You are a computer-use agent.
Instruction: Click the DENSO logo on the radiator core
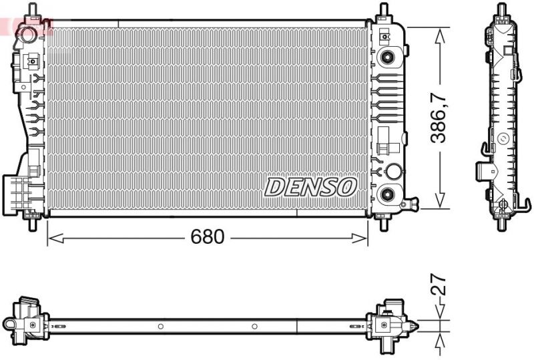coord(310,187)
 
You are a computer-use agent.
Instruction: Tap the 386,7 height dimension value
coord(438,118)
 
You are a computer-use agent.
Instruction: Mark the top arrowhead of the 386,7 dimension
coord(439,33)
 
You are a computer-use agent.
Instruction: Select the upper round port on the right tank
coord(386,57)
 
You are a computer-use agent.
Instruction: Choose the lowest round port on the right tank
coord(386,194)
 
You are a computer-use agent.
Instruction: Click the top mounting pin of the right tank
coord(384,11)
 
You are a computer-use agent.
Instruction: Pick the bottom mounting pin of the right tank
coord(384,223)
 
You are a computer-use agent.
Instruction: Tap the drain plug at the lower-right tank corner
coord(413,202)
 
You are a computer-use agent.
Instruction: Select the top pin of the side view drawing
coord(500,11)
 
